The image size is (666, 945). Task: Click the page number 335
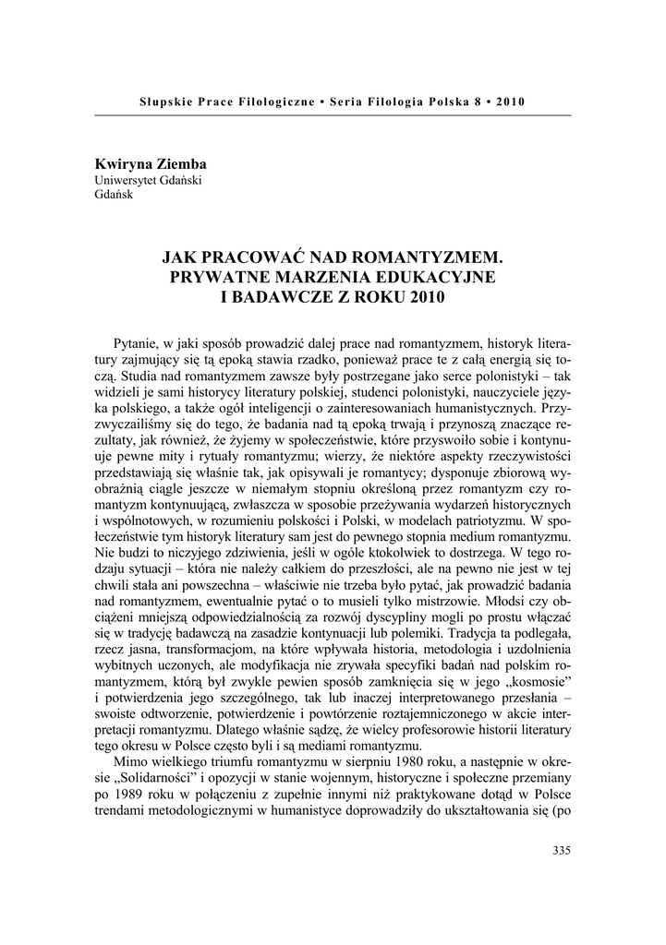[x=562, y=850]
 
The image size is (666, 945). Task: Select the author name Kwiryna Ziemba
[x=151, y=164]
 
